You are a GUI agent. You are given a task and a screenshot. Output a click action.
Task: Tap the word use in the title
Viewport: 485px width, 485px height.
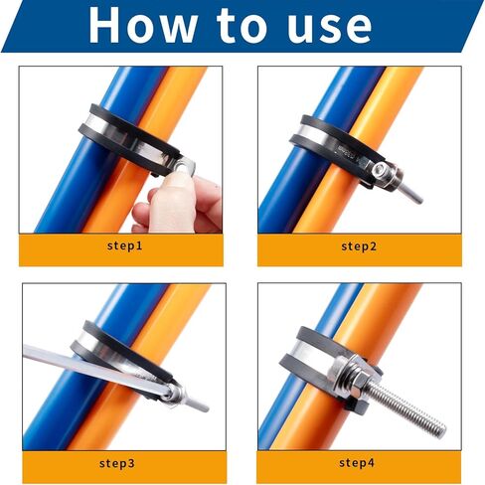coord(329,28)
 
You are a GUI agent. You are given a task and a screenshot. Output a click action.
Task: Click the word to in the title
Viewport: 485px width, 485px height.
coord(242,26)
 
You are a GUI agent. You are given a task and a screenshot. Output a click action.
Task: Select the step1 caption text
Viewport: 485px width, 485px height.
coord(124,245)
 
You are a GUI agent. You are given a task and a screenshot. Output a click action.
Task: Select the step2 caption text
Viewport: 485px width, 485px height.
coord(359,246)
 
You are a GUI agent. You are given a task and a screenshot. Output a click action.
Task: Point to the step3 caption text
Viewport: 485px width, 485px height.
coord(117,463)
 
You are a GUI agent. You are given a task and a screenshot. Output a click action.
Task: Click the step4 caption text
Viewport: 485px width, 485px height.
coord(357,462)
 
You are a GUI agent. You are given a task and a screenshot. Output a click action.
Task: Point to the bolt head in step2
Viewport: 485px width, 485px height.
coord(379,170)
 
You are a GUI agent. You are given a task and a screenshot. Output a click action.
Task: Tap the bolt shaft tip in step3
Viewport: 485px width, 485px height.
coord(205,407)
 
